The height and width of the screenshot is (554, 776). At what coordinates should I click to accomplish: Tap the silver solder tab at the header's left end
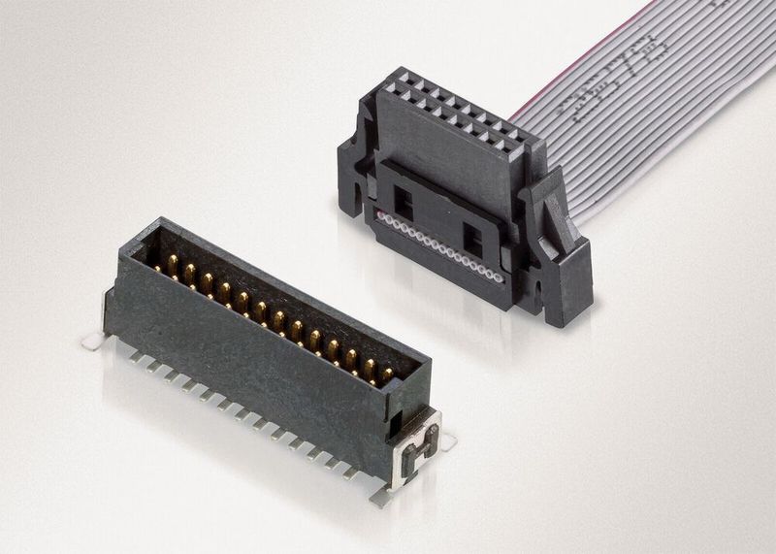[x=92, y=339]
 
